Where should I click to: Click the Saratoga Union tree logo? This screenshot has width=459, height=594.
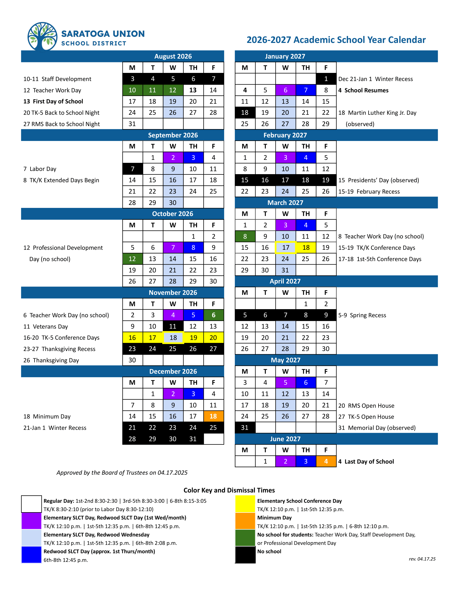(42, 37)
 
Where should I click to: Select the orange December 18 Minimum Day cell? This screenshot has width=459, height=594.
(214, 416)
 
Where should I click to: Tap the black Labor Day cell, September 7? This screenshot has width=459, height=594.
(132, 169)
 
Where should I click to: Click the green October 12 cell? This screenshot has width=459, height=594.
(132, 259)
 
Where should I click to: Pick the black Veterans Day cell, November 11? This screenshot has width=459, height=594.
(173, 326)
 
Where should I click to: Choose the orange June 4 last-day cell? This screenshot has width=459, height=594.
(326, 461)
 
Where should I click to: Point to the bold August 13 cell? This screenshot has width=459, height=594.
(193, 90)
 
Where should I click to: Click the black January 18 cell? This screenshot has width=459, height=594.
(245, 113)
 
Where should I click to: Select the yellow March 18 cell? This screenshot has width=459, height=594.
(306, 248)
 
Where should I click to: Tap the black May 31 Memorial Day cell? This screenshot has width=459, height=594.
(245, 428)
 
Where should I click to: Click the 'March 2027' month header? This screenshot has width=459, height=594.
(285, 202)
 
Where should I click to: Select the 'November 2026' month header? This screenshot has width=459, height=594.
(173, 293)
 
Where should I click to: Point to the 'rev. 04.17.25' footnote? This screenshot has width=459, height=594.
(422, 559)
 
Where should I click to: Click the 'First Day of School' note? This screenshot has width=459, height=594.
(53, 102)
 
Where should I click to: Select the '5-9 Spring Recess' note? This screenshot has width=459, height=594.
(362, 315)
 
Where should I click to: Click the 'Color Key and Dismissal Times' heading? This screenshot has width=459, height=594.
(229, 490)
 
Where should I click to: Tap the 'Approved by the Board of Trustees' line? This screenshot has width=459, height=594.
(122, 473)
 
